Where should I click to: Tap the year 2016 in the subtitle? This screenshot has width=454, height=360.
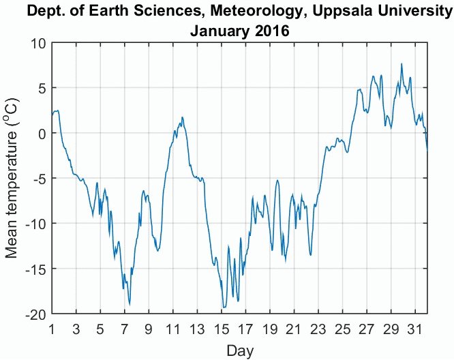pyautogui.click(x=271, y=31)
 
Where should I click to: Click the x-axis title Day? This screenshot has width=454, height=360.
pyautogui.click(x=240, y=350)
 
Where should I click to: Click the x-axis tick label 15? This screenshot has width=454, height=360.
pyautogui.click(x=222, y=329)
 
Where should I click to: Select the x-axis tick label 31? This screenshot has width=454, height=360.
pyautogui.click(x=416, y=329)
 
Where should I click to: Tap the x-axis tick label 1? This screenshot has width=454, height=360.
pyautogui.click(x=52, y=329)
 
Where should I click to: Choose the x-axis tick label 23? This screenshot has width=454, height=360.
pyautogui.click(x=319, y=329)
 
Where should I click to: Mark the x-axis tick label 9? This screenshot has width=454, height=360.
pyautogui.click(x=149, y=329)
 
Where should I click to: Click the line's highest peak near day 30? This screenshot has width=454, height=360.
pyautogui.click(x=402, y=64)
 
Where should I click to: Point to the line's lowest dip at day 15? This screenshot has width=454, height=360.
pyautogui.click(x=222, y=308)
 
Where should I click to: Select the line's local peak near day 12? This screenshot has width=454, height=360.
pyautogui.click(x=182, y=117)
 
